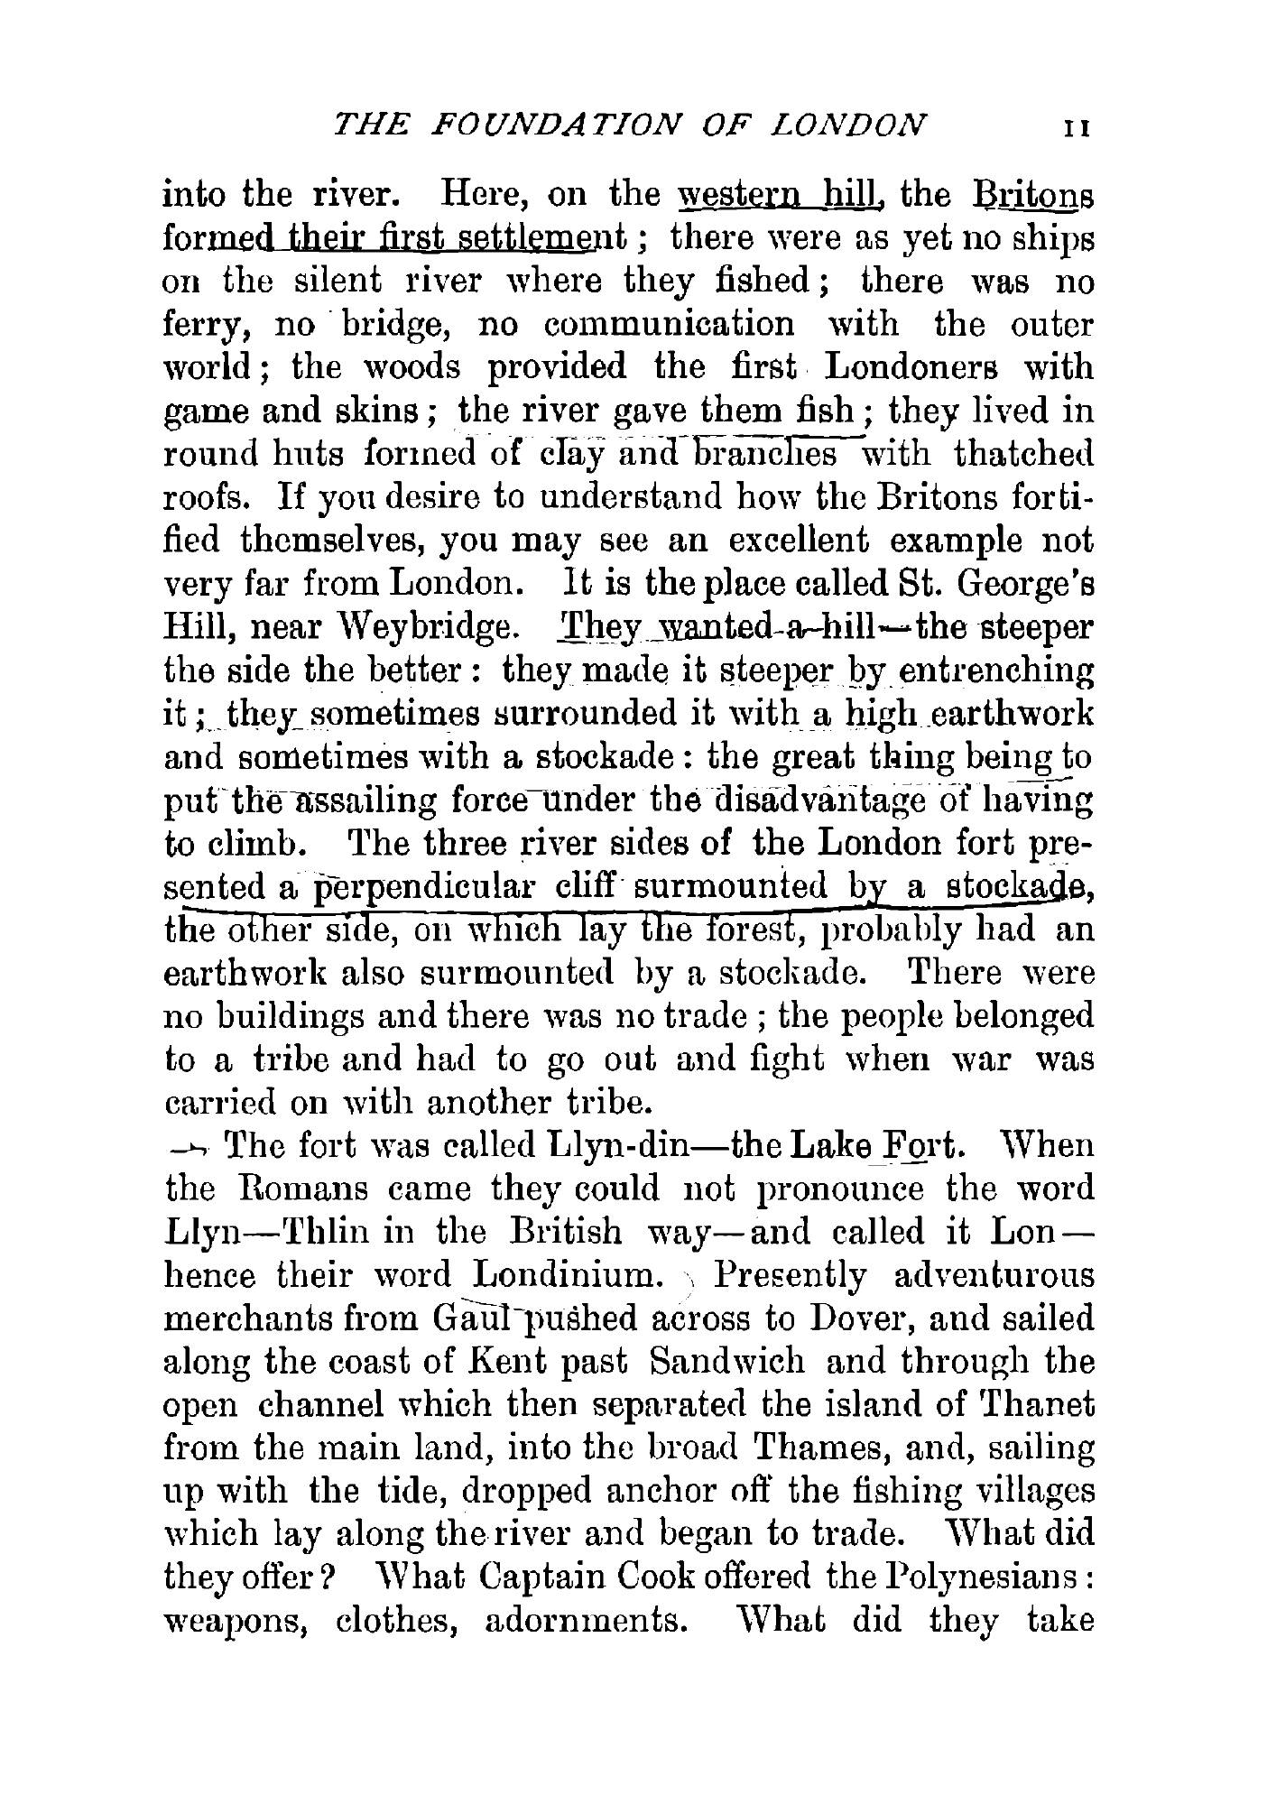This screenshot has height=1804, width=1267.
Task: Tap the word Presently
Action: [x=791, y=1276]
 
